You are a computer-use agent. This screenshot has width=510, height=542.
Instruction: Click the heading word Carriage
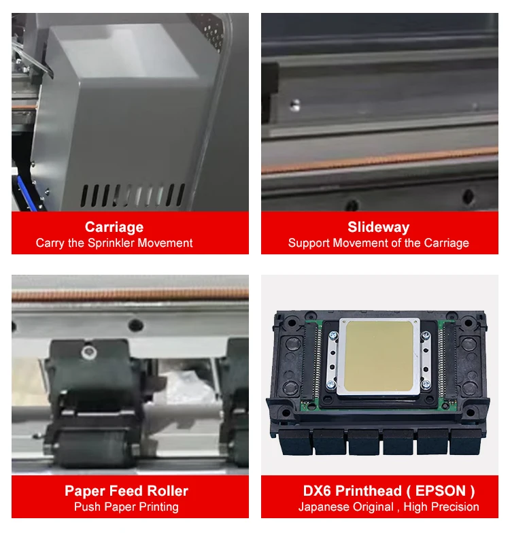point(114,227)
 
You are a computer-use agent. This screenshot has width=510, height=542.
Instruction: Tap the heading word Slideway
point(378,227)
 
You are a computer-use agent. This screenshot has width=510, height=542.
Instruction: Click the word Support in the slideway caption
point(310,243)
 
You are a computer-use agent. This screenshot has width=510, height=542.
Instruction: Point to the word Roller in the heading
point(166,491)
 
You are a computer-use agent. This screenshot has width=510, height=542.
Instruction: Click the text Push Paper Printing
point(126,507)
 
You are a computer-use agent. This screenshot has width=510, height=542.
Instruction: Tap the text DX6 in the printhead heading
point(318,491)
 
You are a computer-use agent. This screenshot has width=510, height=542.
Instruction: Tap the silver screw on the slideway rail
point(295,104)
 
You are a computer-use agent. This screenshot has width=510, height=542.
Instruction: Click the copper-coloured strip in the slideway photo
point(379,161)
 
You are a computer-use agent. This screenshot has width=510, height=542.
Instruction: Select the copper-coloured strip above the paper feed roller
point(129,294)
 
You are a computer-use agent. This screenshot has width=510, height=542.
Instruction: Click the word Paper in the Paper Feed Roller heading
point(84,491)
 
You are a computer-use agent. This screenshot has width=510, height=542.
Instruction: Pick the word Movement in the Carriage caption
point(165,243)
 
